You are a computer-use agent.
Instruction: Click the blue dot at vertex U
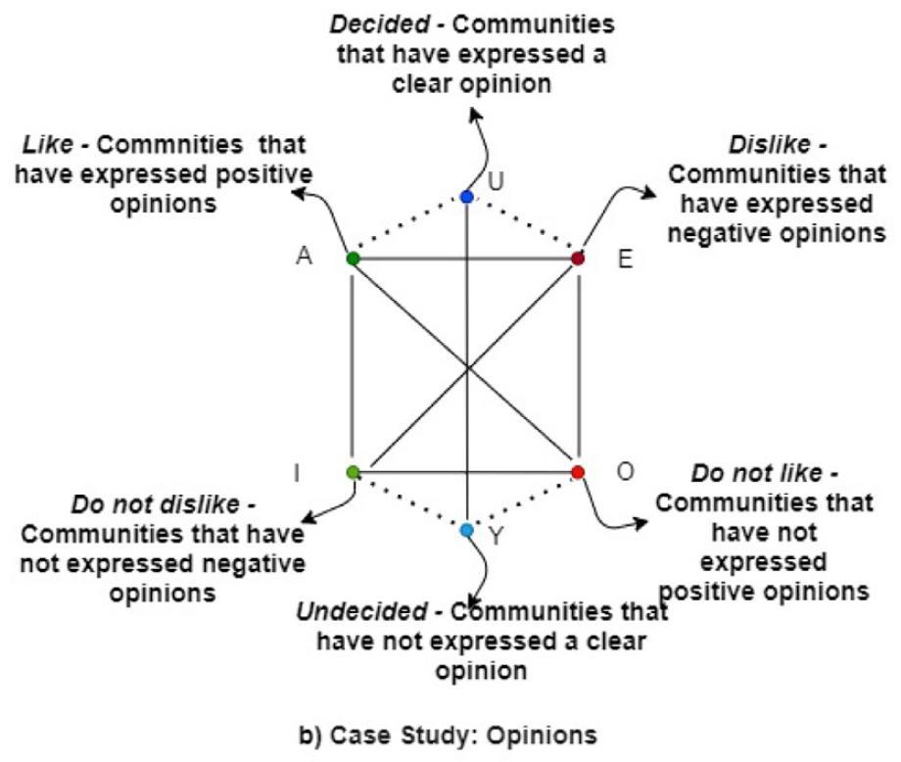466,197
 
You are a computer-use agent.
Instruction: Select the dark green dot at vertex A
354,259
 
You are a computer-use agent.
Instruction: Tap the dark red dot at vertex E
578,259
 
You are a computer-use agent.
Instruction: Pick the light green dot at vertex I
354,472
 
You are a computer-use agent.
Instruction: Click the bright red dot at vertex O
578,472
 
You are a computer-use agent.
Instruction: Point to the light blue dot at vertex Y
466,530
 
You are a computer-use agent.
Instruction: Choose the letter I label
297,474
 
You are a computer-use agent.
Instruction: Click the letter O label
626,471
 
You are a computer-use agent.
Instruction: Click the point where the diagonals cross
466,366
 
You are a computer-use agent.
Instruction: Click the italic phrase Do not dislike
155,506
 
